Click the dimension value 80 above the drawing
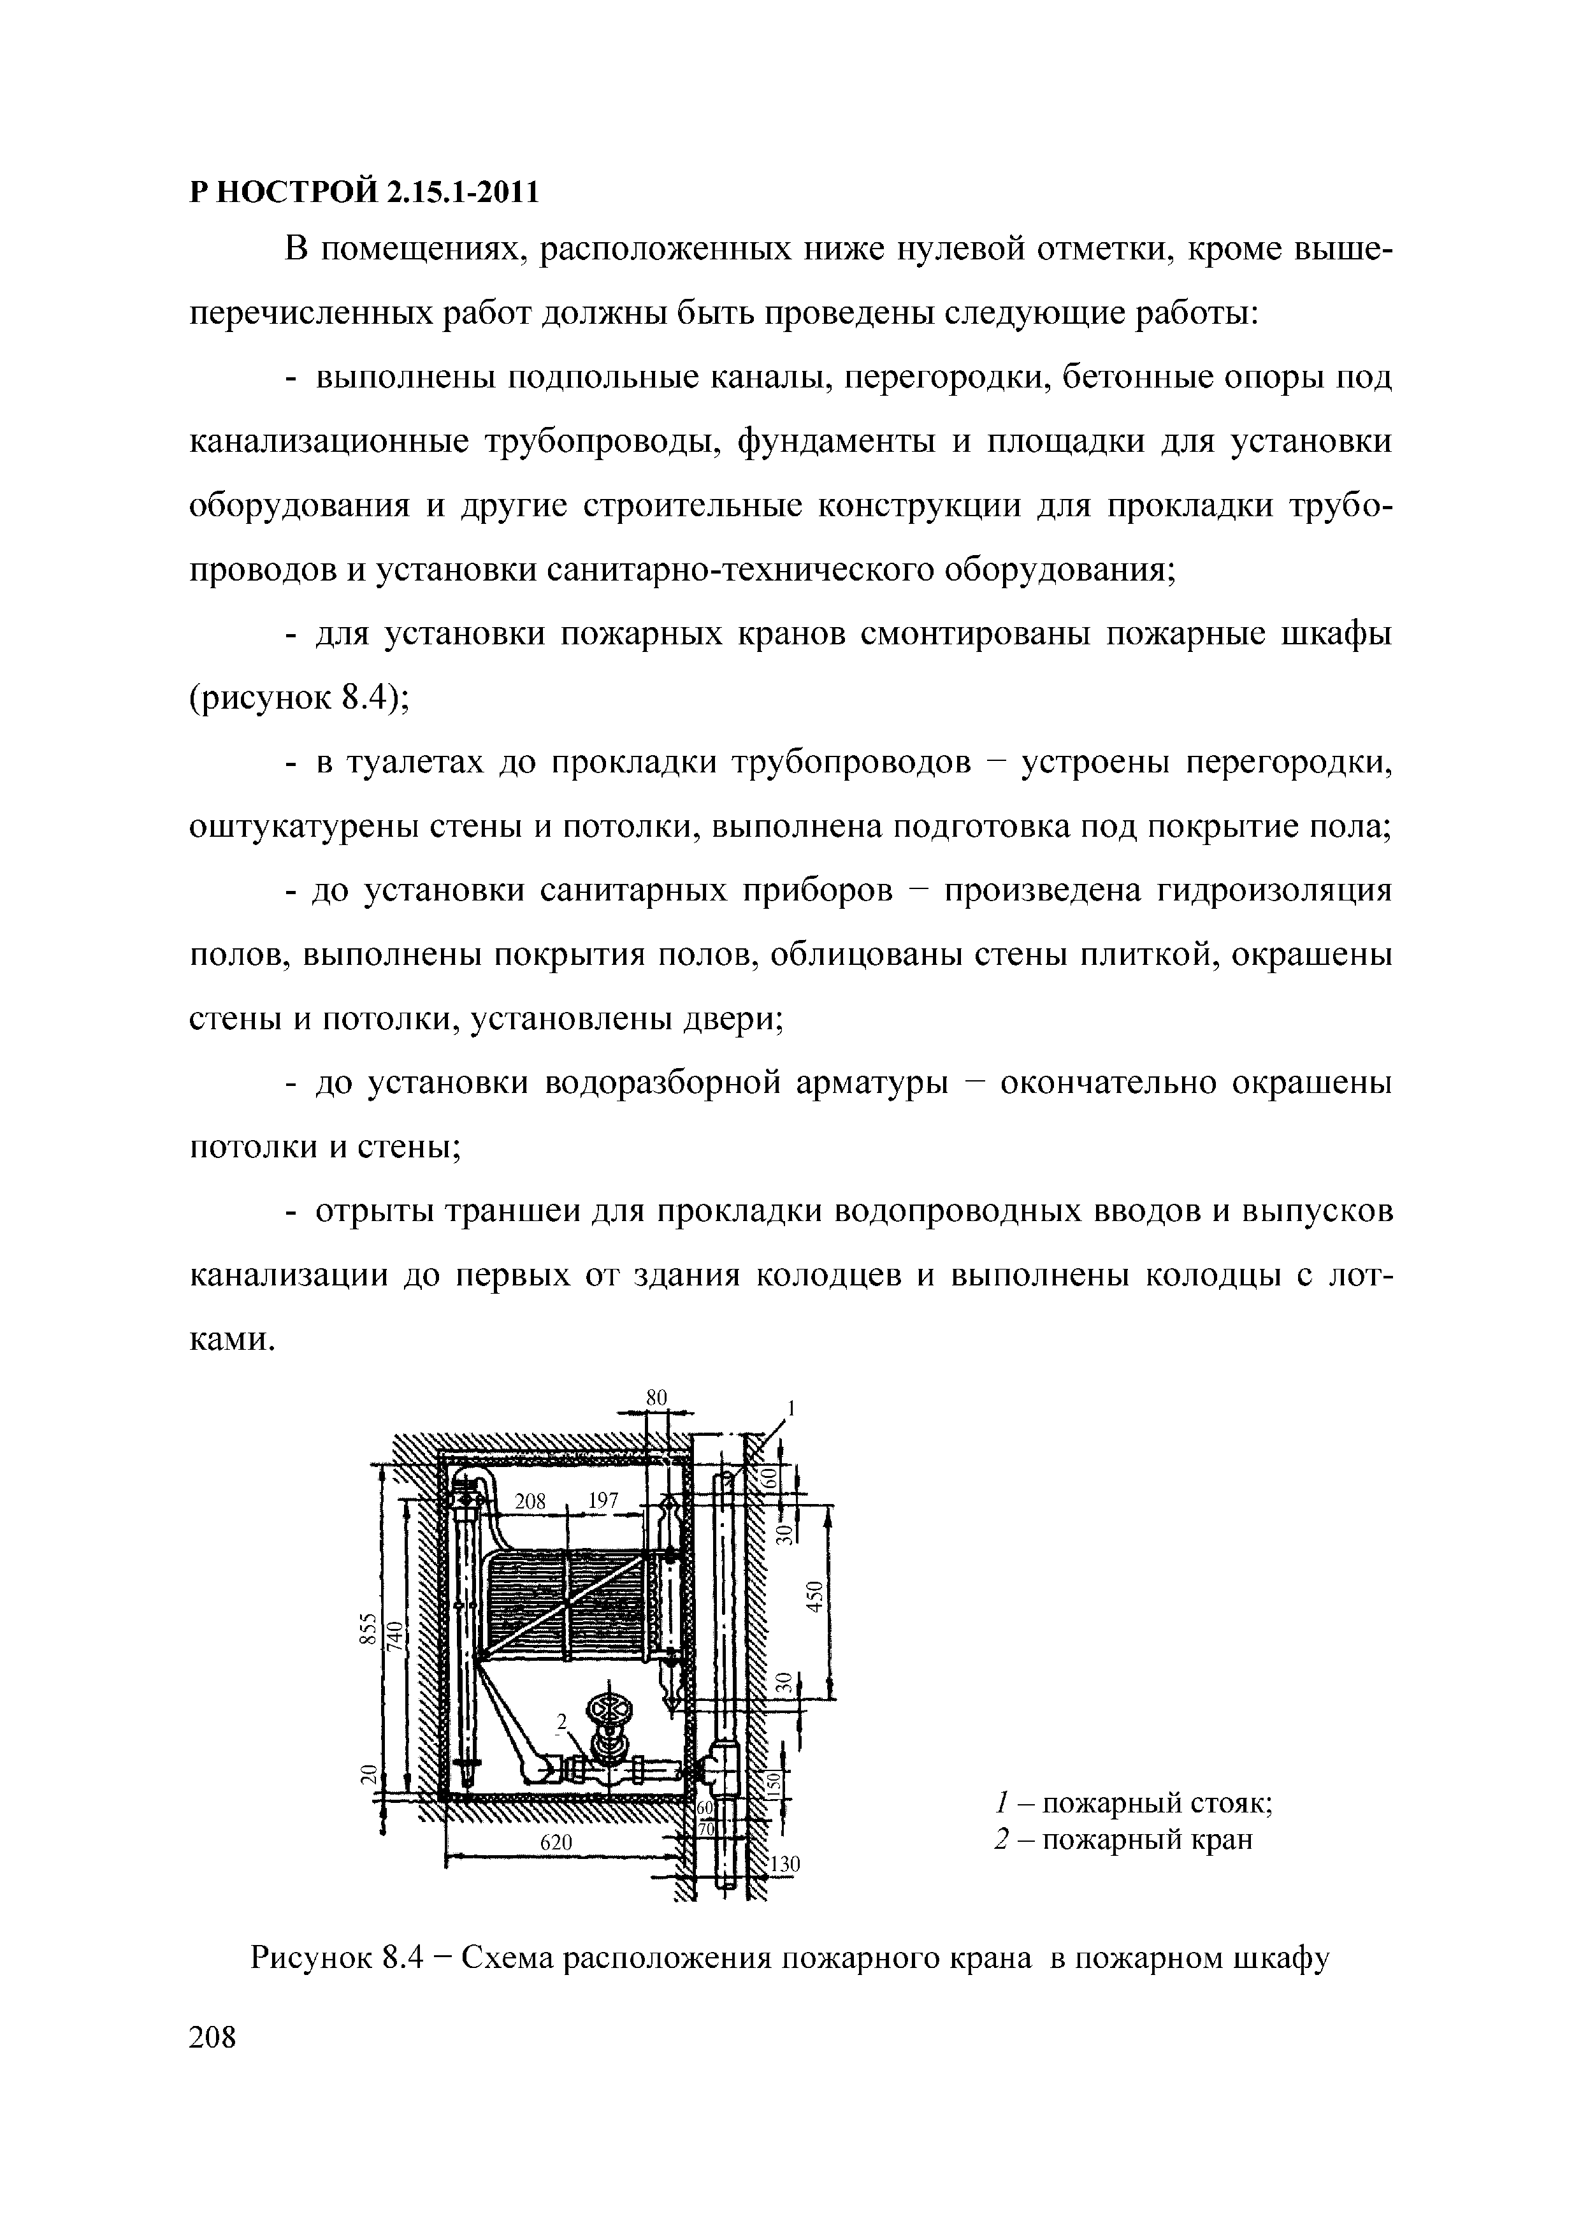[657, 1397]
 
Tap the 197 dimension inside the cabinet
[603, 1501]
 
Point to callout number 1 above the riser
[791, 1408]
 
